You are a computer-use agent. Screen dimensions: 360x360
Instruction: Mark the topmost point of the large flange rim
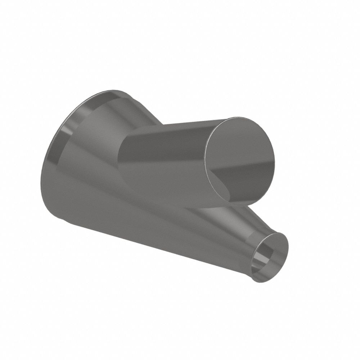[x=108, y=90]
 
